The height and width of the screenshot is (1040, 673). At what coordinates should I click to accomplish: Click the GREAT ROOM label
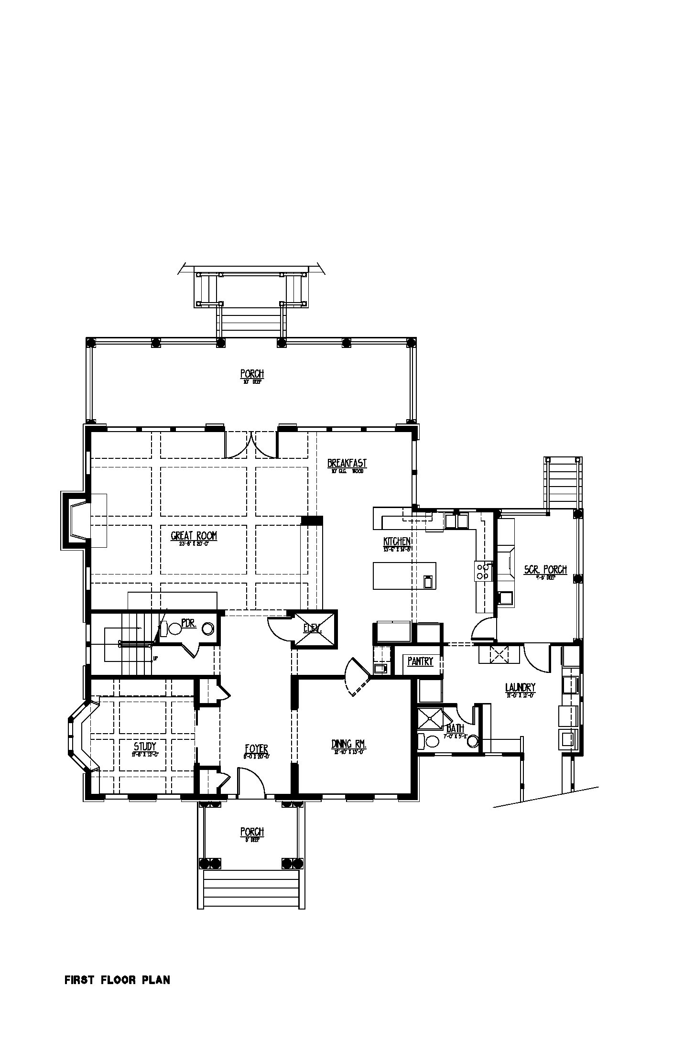pos(194,536)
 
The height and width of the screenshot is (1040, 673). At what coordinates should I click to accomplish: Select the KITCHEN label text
pos(397,542)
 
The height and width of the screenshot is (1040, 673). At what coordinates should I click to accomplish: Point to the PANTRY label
pos(420,661)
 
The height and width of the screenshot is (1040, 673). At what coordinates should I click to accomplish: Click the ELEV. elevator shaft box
pos(314,628)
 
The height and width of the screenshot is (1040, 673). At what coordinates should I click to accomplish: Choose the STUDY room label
pos(145,747)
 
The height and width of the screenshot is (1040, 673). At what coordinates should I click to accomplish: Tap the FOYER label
pos(256,749)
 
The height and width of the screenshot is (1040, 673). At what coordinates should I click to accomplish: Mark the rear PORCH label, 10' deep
pos(252,374)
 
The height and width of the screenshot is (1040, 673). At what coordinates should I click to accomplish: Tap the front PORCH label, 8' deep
pos(252,832)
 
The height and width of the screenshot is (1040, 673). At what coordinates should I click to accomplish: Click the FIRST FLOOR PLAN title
pos(117,980)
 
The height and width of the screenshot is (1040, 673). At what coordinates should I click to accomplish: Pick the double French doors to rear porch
pos(251,444)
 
